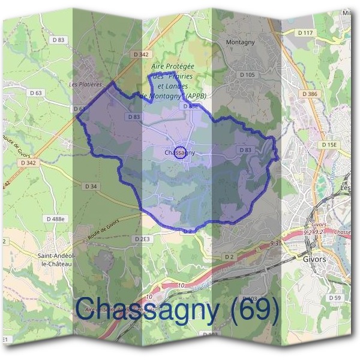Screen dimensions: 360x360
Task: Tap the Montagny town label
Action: [241, 43]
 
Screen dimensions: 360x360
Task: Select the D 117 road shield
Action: [305, 32]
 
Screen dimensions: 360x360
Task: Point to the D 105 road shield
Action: [247, 74]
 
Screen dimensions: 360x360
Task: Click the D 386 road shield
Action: [310, 94]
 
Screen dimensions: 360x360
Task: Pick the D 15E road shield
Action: [329, 145]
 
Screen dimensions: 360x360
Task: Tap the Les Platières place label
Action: [86, 85]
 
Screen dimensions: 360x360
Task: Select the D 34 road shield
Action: [91, 187]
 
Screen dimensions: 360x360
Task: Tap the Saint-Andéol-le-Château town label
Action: [56, 259]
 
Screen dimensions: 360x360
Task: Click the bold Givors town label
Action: [316, 259]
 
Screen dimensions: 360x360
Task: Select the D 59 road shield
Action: [334, 298]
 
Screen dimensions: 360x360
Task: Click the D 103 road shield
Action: [250, 298]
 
